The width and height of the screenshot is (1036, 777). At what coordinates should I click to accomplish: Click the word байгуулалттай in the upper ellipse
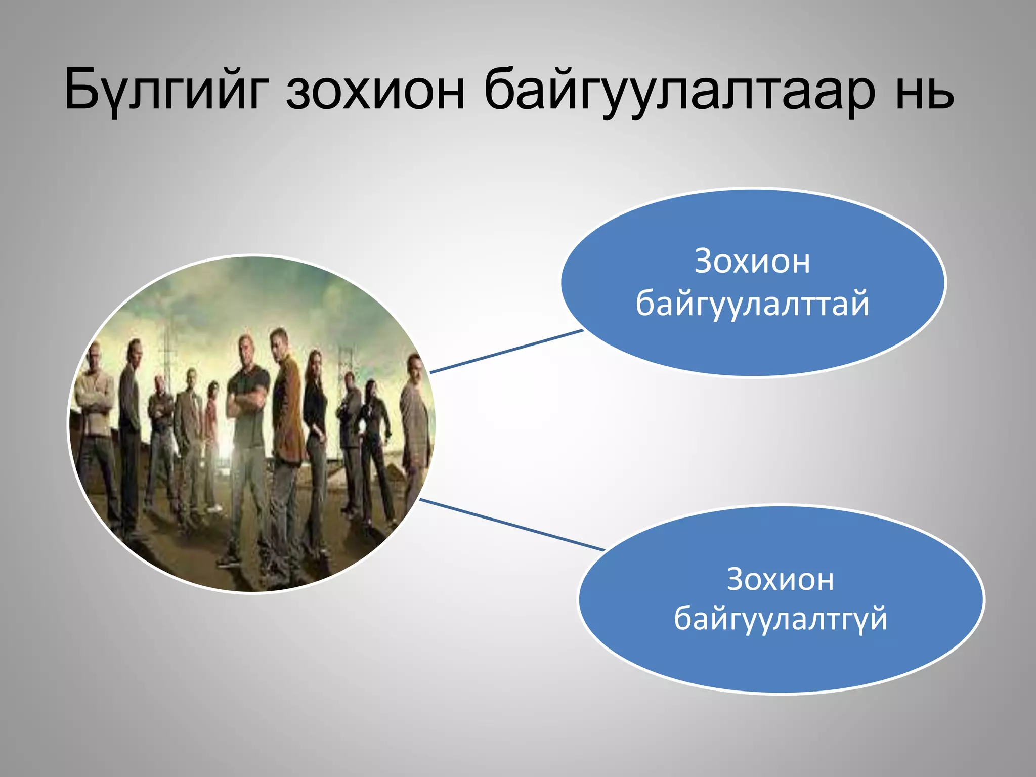752,304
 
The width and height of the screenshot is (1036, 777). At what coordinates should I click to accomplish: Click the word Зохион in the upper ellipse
752,262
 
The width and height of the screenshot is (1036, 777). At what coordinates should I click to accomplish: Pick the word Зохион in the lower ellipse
780,579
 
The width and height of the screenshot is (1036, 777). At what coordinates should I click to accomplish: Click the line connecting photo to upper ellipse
506,352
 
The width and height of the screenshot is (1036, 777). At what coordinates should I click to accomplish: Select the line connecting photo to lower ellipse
511,525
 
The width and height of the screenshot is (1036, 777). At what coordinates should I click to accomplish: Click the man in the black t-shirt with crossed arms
248,415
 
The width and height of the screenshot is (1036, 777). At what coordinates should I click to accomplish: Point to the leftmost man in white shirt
96,420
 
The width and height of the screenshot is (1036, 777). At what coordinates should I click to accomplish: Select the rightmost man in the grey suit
415,420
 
